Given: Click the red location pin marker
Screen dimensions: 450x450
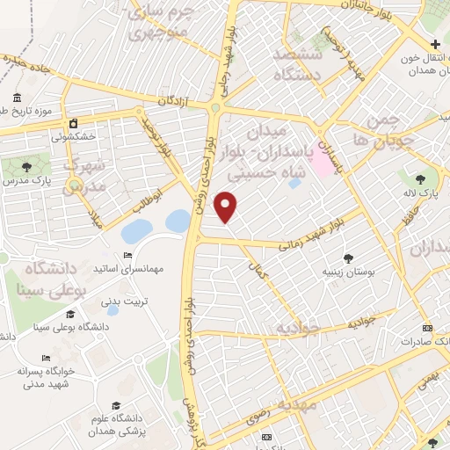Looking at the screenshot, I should [227, 207].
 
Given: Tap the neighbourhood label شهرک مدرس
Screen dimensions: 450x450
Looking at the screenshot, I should [86, 175].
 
